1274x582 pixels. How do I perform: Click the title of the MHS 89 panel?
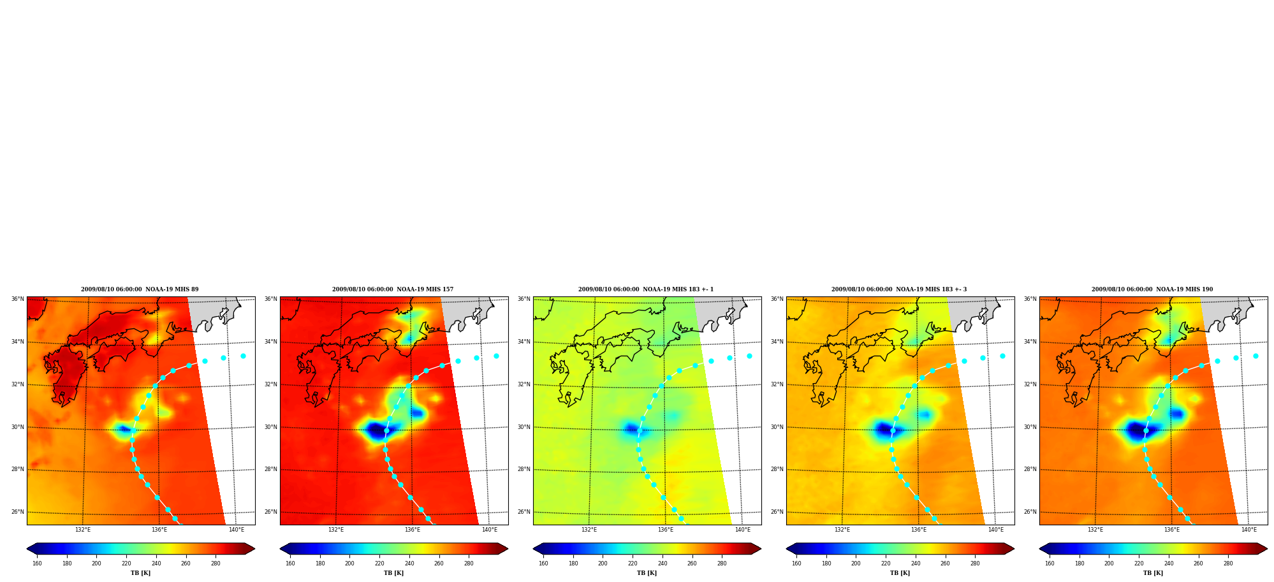(x=140, y=289)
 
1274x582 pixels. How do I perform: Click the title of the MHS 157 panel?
(x=393, y=289)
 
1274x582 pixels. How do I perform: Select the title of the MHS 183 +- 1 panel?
(x=646, y=289)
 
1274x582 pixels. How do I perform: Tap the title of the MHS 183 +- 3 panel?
(x=899, y=289)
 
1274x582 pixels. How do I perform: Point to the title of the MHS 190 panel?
(x=1152, y=289)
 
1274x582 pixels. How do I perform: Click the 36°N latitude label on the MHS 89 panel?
(x=17, y=299)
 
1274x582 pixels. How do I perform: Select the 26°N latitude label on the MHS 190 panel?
(x=1030, y=512)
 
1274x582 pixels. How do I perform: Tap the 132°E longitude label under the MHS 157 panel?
(x=336, y=530)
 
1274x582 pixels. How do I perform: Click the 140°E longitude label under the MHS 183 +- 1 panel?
(x=743, y=530)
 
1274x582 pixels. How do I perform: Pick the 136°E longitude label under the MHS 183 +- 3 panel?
(x=919, y=530)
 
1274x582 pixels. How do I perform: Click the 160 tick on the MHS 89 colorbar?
(x=37, y=563)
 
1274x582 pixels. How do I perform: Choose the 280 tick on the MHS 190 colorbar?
(x=1228, y=563)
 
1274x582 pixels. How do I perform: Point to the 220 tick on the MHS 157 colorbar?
(x=379, y=563)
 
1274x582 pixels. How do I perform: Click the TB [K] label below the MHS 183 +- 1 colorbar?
(x=647, y=573)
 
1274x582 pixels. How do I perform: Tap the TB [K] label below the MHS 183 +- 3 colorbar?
(x=900, y=573)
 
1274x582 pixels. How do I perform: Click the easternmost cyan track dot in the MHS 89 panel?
(x=243, y=356)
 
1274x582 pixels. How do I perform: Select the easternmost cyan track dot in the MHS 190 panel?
(x=1256, y=356)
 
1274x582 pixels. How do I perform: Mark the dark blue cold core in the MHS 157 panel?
(x=376, y=430)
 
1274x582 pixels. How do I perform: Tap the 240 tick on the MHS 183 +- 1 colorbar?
(x=663, y=563)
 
